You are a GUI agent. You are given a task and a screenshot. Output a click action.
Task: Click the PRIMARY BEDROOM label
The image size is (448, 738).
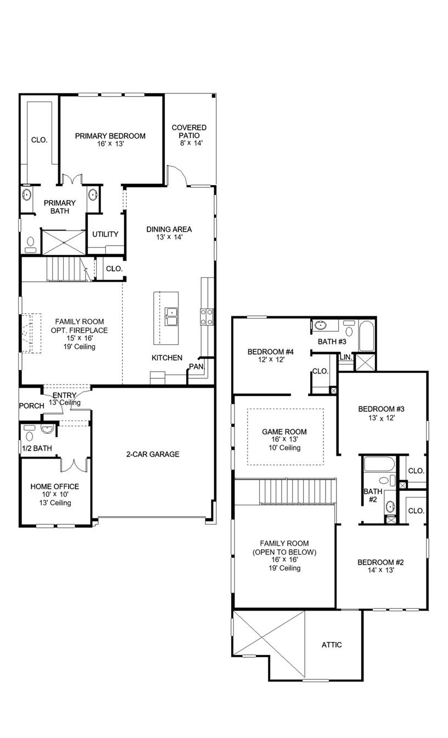(x=110, y=136)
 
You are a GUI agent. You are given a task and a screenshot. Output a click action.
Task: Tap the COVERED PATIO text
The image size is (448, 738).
(x=189, y=131)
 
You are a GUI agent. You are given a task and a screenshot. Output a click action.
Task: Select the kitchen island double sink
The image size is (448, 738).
(x=171, y=317)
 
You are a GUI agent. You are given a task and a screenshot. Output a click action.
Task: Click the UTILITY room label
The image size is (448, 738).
(x=105, y=234)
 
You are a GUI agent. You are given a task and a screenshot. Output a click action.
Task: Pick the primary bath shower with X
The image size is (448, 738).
(x=64, y=242)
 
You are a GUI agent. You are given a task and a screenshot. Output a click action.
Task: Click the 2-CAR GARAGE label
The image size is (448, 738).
(x=153, y=454)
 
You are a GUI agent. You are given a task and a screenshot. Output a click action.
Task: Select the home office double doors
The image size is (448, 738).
(x=73, y=464)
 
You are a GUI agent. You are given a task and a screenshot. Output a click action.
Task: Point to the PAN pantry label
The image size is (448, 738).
(x=196, y=366)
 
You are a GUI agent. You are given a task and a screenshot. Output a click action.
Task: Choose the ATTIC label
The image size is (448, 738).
(x=332, y=645)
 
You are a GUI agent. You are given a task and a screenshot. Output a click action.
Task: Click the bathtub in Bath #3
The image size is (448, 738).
(x=367, y=336)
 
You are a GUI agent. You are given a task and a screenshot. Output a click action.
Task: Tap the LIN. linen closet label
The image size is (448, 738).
(x=345, y=357)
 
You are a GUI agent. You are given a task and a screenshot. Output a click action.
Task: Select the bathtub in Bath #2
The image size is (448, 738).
(x=379, y=465)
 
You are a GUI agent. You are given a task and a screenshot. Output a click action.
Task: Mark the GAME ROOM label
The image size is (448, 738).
(x=284, y=432)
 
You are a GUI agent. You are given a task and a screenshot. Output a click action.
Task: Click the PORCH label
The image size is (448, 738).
(x=31, y=406)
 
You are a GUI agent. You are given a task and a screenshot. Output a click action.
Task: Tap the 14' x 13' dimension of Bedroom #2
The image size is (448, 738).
(x=380, y=571)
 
